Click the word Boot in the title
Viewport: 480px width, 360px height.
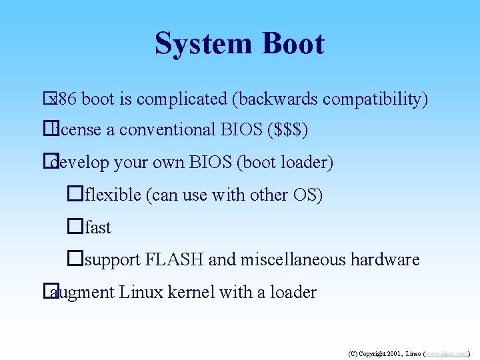coord(293,44)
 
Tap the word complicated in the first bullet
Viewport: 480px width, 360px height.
coord(181,99)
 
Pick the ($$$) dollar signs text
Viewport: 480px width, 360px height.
coord(287,129)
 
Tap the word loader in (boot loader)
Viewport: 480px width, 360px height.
coord(306,162)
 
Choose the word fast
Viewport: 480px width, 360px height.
coord(98,227)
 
